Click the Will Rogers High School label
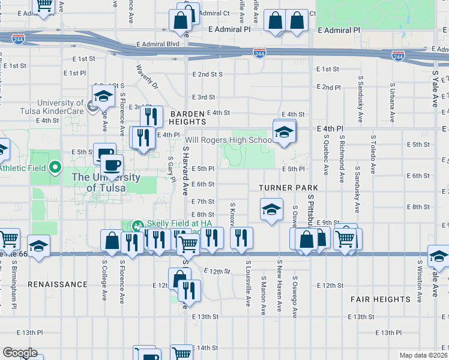click(x=229, y=140)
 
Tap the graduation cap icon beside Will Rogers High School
click(x=284, y=132)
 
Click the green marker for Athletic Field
click(x=55, y=167)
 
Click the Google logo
click(x=20, y=353)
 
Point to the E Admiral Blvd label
click(x=158, y=44)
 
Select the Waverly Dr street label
click(x=146, y=77)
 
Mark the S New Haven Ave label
click(x=279, y=286)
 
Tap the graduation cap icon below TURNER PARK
click(x=271, y=211)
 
